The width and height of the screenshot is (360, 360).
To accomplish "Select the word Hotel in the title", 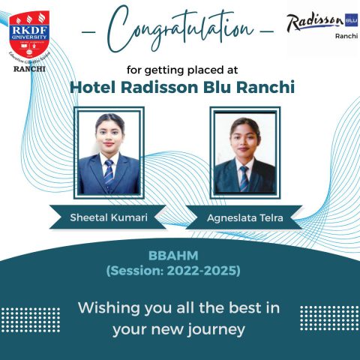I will point(91,86).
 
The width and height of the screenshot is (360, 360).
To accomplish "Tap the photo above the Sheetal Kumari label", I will point(109,153).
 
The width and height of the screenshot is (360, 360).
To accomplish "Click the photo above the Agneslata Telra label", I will point(244,154).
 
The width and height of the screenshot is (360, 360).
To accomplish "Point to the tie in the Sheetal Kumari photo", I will point(109,173).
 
